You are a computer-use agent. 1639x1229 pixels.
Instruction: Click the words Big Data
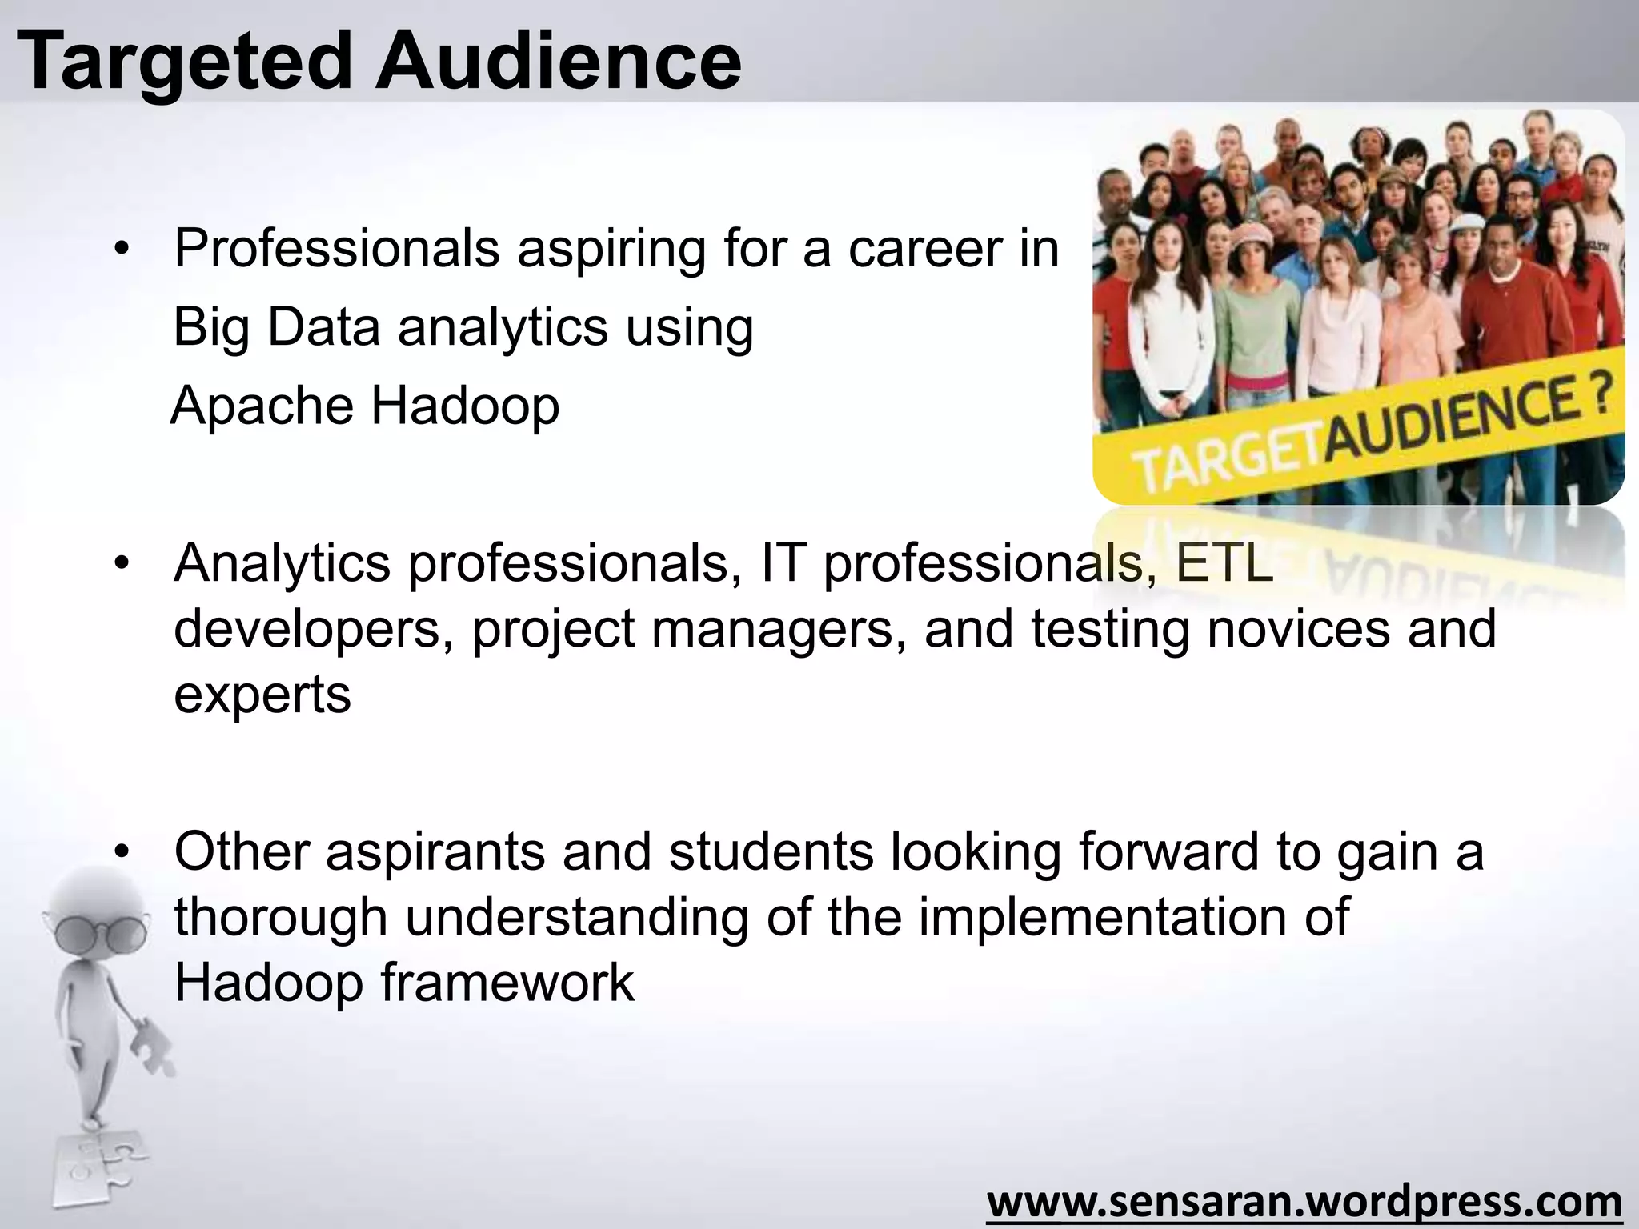point(276,327)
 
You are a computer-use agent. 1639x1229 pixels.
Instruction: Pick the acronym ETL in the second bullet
point(1224,563)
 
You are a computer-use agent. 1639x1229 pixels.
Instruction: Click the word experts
point(262,695)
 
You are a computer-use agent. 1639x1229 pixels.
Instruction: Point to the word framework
point(507,983)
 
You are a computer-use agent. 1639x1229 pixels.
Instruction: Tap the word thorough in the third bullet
point(280,917)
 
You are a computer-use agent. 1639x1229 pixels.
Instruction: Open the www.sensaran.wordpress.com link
point(1304,1201)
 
